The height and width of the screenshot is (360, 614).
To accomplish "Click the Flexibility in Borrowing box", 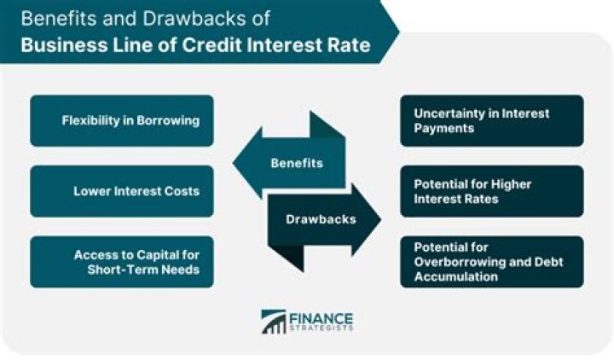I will coord(121,120).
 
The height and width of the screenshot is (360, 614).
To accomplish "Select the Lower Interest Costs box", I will coord(121,190).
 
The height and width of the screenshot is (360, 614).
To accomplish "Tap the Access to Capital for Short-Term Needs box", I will coord(121,261).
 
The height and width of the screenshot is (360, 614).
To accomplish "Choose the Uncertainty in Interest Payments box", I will coord(492,120).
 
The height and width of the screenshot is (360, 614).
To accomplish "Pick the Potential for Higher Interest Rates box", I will coord(492,190).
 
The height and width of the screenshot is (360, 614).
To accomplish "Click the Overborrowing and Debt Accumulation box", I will coord(492,261).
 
